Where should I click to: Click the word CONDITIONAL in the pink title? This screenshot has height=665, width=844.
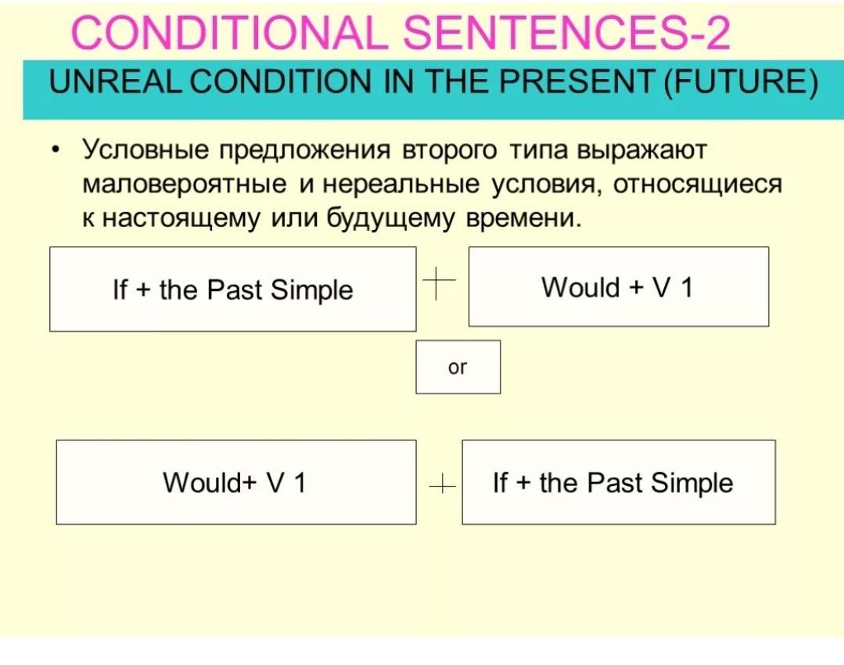pos(228,32)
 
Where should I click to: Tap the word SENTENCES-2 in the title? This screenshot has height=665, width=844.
pos(567,32)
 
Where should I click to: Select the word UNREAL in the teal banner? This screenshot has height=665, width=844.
pos(117,82)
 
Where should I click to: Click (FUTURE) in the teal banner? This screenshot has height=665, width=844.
pos(742,83)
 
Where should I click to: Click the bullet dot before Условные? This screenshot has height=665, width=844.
pos(55,150)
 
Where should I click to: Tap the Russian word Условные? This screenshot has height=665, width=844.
pos(145,150)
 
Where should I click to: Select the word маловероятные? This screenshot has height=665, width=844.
pos(184,185)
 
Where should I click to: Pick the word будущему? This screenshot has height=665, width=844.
pos(391,218)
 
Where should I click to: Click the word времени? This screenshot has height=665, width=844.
pos(524,219)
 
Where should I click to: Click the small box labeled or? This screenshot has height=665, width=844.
pos(458,367)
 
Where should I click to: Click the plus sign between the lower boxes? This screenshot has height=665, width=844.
pos(442,486)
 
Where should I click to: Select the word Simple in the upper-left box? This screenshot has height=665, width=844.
pos(311,291)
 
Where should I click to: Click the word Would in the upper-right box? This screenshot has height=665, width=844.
pos(580,287)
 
